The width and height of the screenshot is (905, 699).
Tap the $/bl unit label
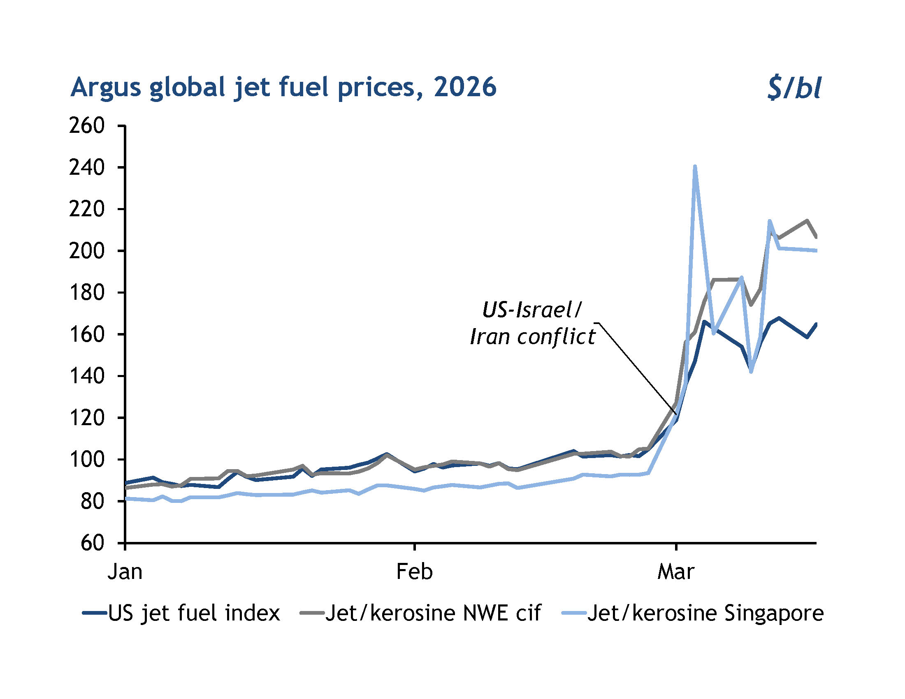(x=793, y=88)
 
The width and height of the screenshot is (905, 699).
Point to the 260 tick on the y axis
(x=87, y=125)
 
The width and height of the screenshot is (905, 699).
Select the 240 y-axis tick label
(x=87, y=167)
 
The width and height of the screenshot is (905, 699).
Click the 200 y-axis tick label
(x=87, y=250)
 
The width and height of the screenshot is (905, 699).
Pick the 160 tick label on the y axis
(x=87, y=334)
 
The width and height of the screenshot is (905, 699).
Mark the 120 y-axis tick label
(x=87, y=417)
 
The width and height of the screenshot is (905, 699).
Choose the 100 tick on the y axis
(x=87, y=459)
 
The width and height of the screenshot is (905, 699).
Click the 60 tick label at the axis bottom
(x=92, y=543)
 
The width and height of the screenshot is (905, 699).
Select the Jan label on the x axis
(x=125, y=572)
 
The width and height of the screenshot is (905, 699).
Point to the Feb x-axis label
(x=414, y=572)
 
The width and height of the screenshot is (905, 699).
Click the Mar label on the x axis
(x=675, y=572)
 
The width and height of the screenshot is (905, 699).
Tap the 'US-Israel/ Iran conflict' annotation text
(x=532, y=324)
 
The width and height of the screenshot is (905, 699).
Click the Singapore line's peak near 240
(x=694, y=167)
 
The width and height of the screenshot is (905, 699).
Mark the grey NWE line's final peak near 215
(x=806, y=221)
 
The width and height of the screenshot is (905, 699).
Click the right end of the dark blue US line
(x=815, y=324)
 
